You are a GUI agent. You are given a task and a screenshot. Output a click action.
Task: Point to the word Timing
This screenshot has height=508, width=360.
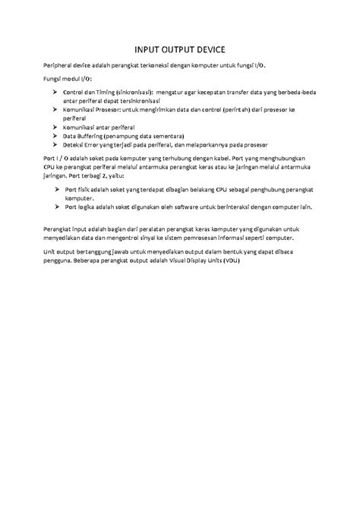(106, 93)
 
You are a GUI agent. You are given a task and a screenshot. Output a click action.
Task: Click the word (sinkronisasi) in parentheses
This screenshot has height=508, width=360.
(140, 93)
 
